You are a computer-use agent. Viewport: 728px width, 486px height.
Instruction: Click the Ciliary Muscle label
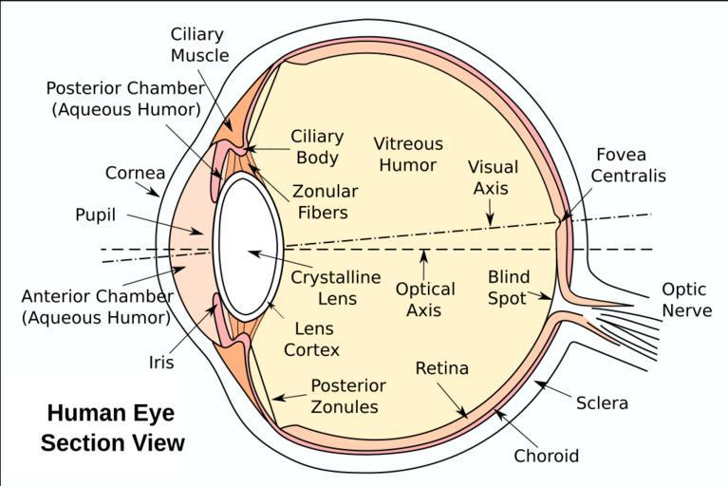tap(199, 45)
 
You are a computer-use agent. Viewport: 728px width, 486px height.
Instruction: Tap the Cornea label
tap(135, 174)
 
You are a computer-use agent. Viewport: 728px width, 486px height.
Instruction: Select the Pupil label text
tap(95, 215)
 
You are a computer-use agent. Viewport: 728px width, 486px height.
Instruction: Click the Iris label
tap(160, 362)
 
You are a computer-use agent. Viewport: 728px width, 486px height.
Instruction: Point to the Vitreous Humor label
tap(408, 154)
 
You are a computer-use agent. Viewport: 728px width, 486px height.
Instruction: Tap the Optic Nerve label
tap(686, 300)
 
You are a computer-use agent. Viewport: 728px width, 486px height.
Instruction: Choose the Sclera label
tap(602, 403)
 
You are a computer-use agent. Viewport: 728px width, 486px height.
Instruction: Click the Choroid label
tap(546, 456)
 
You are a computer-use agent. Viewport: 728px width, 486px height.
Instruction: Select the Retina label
tap(442, 368)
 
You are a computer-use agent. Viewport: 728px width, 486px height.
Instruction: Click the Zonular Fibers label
tap(319, 202)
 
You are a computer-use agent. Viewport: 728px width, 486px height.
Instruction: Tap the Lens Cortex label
tap(311, 339)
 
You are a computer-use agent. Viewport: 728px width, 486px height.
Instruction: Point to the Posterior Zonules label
tap(348, 396)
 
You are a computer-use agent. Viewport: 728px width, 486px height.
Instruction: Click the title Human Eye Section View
tap(115, 428)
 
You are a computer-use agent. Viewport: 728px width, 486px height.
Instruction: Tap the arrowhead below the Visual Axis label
tap(490, 222)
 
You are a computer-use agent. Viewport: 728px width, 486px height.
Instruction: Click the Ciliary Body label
tap(317, 147)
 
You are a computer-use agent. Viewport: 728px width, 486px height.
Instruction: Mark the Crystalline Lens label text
tap(335, 288)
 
